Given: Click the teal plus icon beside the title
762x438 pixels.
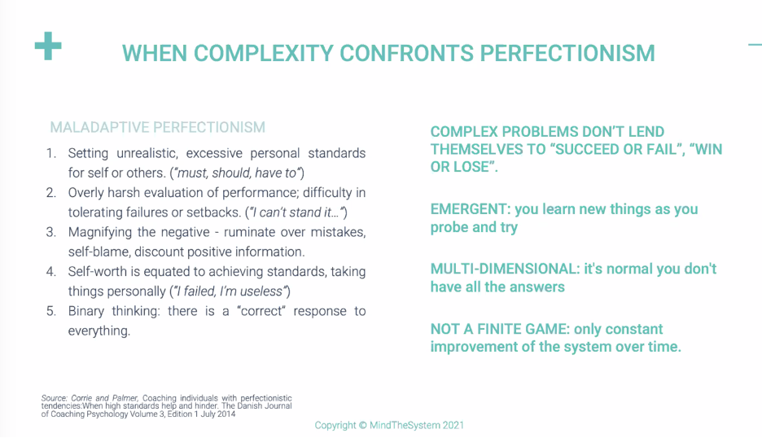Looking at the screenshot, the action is [x=48, y=46].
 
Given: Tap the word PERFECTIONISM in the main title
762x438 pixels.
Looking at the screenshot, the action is [x=567, y=54].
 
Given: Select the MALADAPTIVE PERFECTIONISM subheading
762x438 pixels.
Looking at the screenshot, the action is [x=157, y=127].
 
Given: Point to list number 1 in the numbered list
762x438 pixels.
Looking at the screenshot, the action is [x=51, y=153].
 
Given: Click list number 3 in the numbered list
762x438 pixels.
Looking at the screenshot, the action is [x=51, y=232].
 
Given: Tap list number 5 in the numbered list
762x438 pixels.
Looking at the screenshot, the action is [x=51, y=311].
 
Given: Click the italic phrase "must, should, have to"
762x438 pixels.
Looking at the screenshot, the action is [x=237, y=173].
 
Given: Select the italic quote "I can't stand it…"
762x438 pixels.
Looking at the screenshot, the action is [x=296, y=212].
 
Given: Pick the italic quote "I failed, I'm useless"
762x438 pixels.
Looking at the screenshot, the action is [x=230, y=291].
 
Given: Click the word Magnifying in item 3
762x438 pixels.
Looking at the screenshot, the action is [x=100, y=232].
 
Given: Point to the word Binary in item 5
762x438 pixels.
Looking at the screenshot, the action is [x=86, y=311].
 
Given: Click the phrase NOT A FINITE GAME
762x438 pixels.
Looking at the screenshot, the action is [x=500, y=329].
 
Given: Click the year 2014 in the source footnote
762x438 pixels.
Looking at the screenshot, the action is [x=226, y=414].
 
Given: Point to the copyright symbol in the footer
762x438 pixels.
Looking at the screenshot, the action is [x=362, y=425].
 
